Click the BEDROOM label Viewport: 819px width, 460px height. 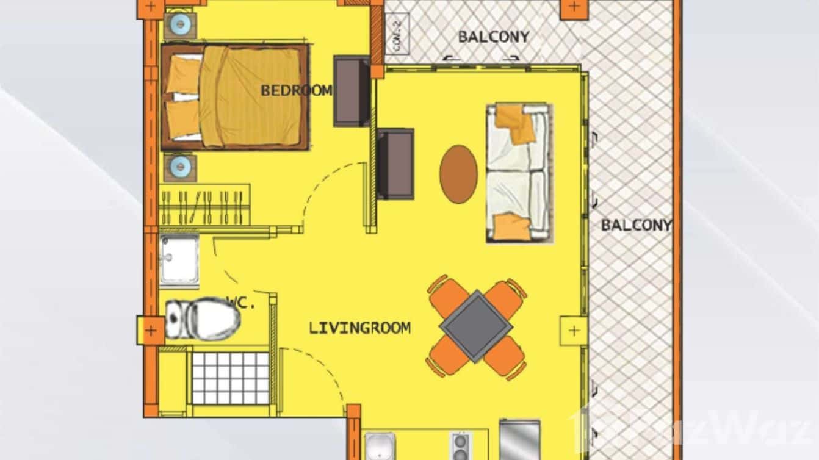[297, 91]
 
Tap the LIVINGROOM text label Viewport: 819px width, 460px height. [359, 328]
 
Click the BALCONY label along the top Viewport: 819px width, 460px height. [493, 37]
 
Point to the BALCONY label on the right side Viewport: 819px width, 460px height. [636, 225]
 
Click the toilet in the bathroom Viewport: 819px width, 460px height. [204, 318]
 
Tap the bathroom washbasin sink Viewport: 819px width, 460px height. [179, 261]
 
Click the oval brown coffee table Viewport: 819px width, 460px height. [459, 174]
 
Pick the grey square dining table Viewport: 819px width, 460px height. [476, 326]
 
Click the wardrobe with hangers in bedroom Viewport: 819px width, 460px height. [204, 205]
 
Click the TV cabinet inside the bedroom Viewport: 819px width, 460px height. [352, 90]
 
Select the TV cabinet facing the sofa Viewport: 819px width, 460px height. [395, 164]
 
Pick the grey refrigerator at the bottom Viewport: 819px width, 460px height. [519, 440]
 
